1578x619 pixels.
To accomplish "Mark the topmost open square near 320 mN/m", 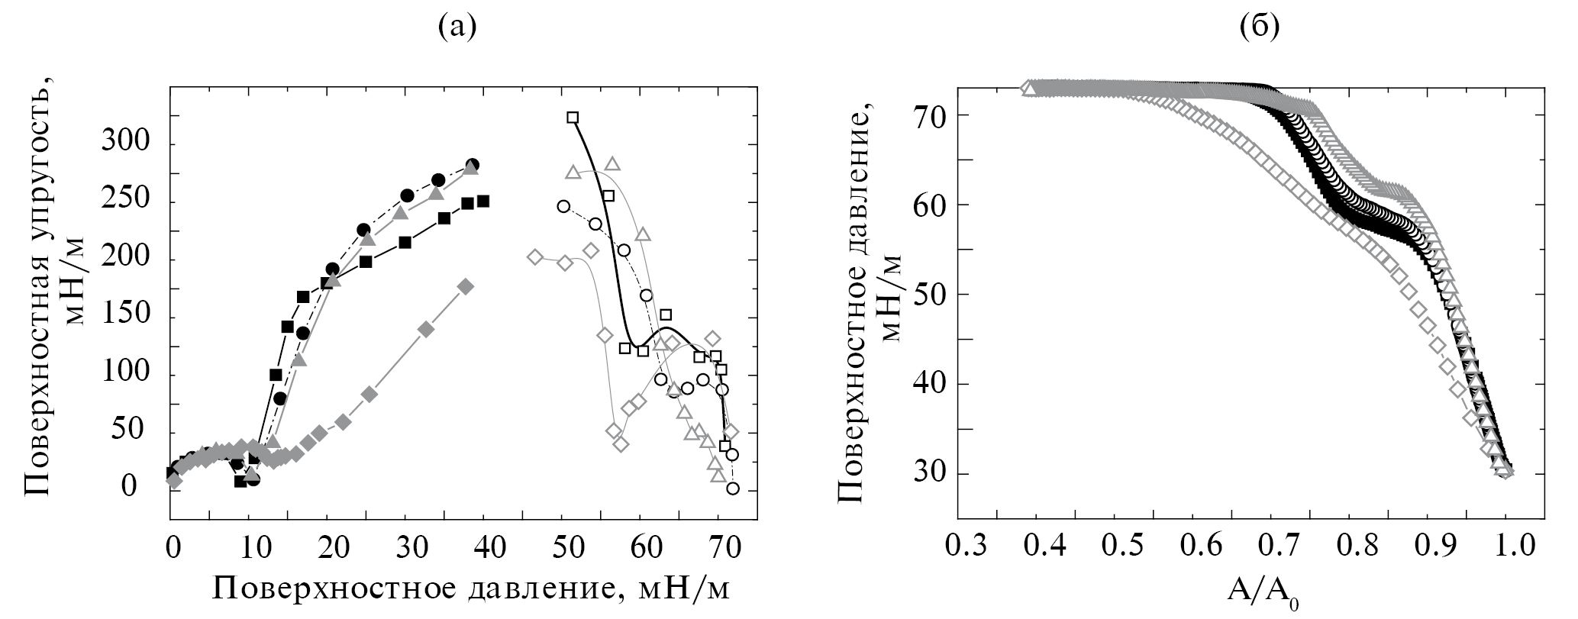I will pos(573,118).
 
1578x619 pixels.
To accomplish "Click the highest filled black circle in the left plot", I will pos(473,165).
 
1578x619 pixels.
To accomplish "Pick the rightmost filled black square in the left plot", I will pos(483,201).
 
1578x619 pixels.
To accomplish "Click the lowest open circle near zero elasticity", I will pos(733,488).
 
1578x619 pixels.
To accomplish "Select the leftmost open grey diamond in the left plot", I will pos(535,256).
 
